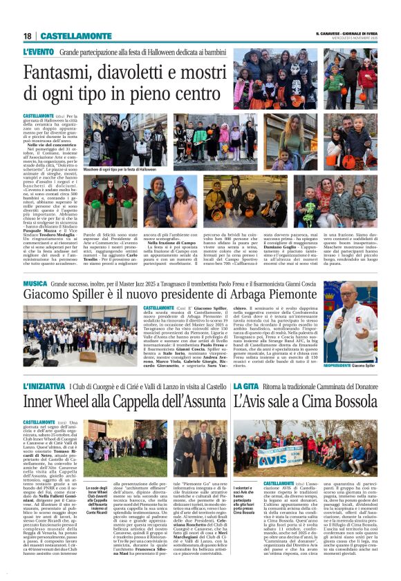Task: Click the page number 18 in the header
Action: coord(28,36)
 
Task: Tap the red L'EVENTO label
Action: coord(38,52)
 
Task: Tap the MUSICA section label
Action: coord(35,284)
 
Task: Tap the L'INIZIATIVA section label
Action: coord(44,386)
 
